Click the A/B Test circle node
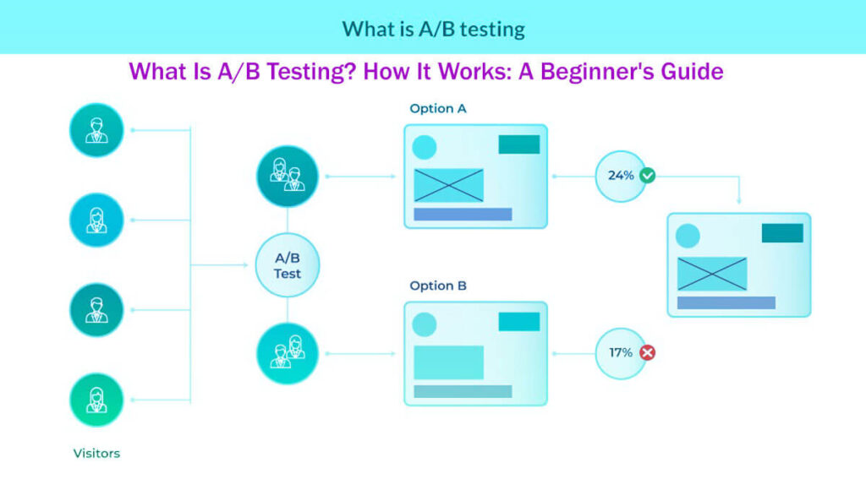tap(288, 265)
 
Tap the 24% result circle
tap(621, 176)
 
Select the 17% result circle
tap(621, 352)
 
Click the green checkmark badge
tap(648, 176)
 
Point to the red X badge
tap(648, 352)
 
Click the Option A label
tap(437, 109)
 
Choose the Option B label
tap(437, 286)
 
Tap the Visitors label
tap(96, 454)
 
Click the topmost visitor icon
tap(96, 130)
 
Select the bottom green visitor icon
tap(96, 400)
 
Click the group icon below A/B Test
tap(288, 353)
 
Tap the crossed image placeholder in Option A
tap(448, 185)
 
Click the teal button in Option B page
tap(518, 321)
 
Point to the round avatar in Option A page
tap(424, 148)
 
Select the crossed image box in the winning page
tap(712, 274)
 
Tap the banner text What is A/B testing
tap(433, 29)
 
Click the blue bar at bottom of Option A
tap(463, 215)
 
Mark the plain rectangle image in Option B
tap(448, 362)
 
